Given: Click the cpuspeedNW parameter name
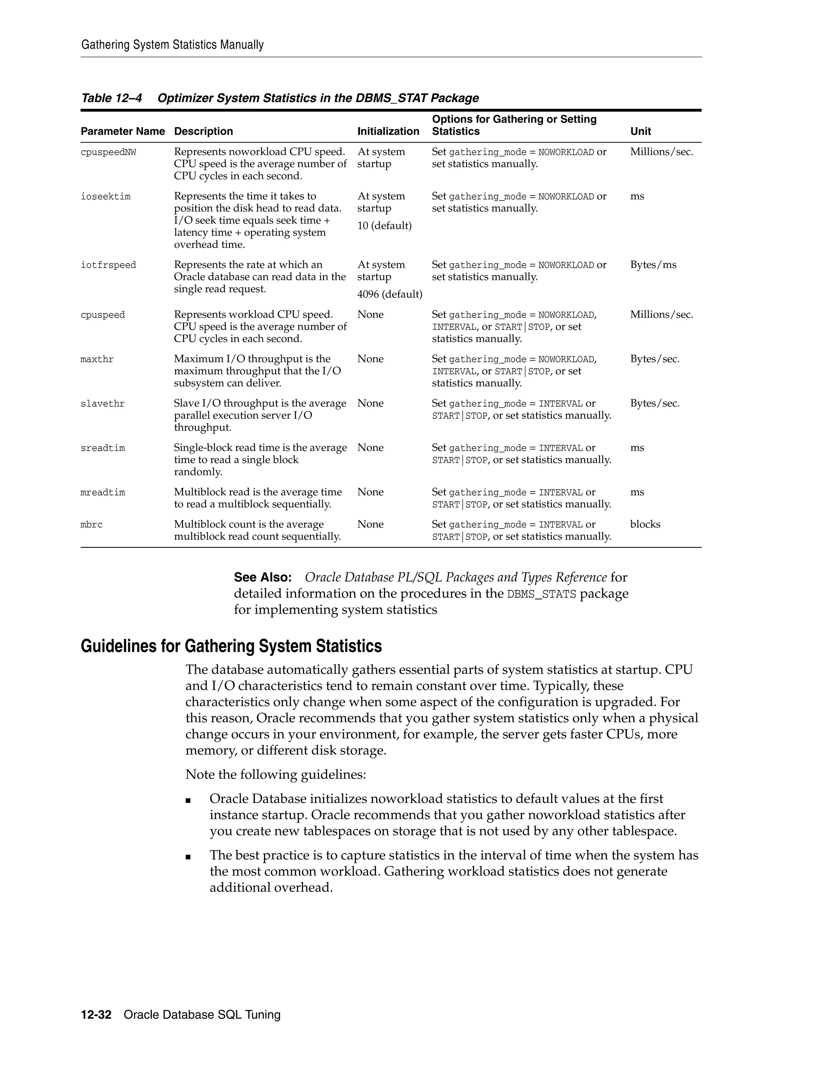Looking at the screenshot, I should pos(108,153).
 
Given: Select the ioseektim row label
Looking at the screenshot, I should pos(105,197).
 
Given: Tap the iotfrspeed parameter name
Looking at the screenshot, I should pos(108,265).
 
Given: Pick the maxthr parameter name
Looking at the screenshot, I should pos(97,360).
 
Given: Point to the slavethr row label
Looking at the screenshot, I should pos(102,404).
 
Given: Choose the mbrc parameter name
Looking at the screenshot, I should pos(92,525).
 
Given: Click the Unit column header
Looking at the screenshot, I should pos(640,131).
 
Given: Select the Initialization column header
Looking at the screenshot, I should pos(388,131).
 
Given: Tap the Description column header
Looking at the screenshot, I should pos(203,131).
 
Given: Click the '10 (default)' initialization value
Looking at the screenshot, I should pos(384,226).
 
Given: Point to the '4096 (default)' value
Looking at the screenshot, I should pos(389,295).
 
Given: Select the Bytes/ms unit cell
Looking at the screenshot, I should pos(653,265).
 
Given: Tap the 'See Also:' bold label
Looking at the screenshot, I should pos(263,578).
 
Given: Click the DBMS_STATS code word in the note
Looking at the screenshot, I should pos(541,594).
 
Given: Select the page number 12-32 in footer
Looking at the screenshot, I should pos(96,1015).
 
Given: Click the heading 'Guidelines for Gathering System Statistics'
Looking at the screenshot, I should pos(231,646).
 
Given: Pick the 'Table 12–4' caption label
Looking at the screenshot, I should pos(111,98).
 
